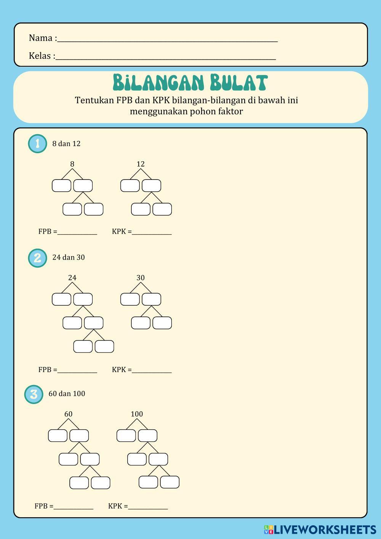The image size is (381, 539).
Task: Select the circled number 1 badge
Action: (37, 144)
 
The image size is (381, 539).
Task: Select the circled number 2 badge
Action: (37, 258)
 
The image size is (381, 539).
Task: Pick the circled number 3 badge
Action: (34, 394)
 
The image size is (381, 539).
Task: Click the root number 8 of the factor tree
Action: (72, 164)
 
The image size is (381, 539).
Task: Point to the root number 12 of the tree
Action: (141, 164)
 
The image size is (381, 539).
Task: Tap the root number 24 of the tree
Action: (72, 278)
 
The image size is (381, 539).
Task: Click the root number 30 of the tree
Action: (141, 278)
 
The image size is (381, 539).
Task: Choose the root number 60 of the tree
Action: (68, 414)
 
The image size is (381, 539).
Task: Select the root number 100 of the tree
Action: (137, 414)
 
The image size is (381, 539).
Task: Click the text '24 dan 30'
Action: (69, 258)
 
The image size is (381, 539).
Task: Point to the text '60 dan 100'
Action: (67, 394)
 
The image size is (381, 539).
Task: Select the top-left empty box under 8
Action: (61, 186)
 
